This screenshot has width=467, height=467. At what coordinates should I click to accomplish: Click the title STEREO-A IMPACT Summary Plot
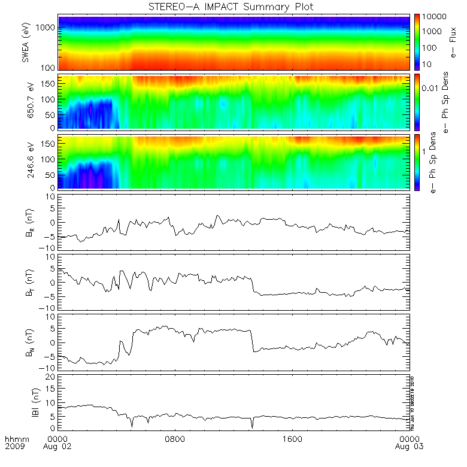(230, 7)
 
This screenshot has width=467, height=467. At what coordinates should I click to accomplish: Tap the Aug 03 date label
(407, 447)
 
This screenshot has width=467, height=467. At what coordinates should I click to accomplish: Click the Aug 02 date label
(59, 447)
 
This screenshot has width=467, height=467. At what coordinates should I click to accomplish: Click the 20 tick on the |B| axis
(52, 377)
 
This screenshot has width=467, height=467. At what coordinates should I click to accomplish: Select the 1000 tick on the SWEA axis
(48, 28)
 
